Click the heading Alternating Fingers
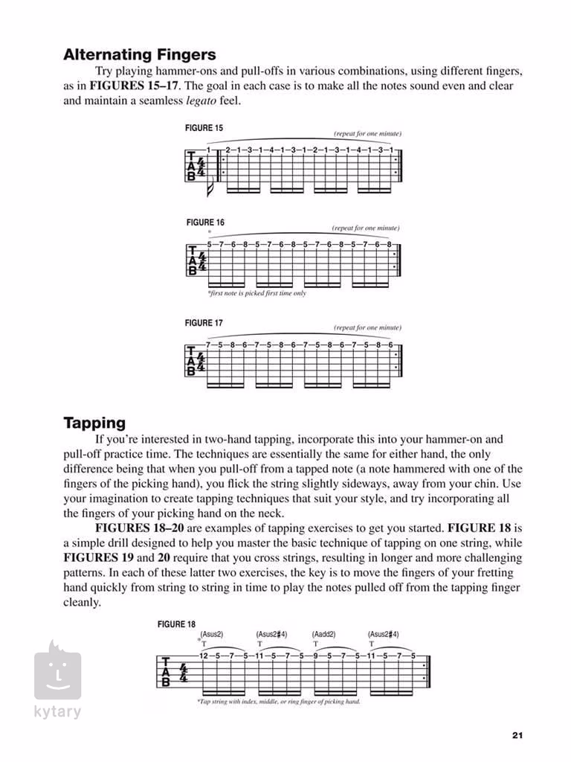point(139,54)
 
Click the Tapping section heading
point(94,423)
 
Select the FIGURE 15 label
point(204,128)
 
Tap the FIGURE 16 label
point(205,222)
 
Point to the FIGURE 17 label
point(204,323)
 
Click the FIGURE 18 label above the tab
point(176,624)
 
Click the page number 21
point(517,735)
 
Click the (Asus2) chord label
point(212,635)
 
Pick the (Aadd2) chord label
point(324,635)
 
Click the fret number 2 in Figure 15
point(228,150)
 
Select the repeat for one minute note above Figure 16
point(366,228)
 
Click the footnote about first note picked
point(257,293)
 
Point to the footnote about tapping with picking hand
point(279,702)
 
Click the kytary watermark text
point(57,711)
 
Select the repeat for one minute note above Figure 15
point(367,133)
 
